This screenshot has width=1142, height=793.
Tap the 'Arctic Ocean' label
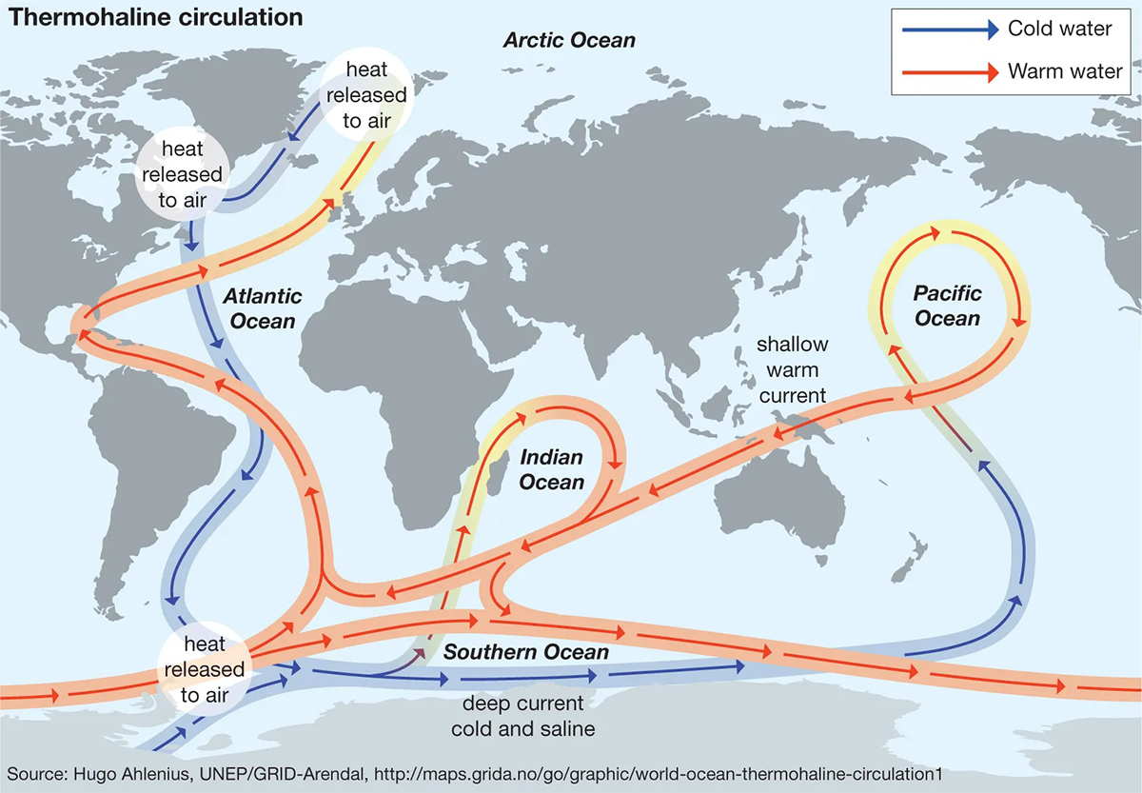[569, 41]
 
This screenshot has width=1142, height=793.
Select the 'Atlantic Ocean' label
[263, 308]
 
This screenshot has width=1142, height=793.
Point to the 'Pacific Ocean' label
[947, 306]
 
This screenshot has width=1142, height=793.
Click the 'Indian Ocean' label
[552, 469]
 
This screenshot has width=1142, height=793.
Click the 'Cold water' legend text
[1059, 29]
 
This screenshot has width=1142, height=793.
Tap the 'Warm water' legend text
[1064, 71]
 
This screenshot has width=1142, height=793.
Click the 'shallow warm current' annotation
[792, 368]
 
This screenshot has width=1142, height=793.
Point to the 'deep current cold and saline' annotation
[523, 717]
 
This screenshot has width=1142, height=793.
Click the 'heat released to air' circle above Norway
[366, 94]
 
